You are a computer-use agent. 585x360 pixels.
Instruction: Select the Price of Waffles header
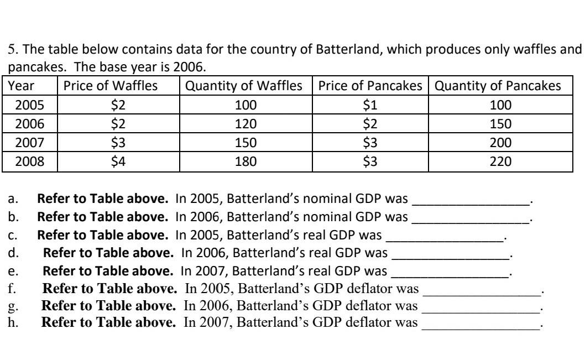(x=111, y=86)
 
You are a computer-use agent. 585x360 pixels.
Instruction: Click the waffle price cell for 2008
(x=118, y=161)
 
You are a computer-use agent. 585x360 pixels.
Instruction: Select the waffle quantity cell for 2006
(x=246, y=124)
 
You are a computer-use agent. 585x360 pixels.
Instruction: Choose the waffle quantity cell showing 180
(x=246, y=161)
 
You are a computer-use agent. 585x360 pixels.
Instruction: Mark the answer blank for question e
(x=451, y=272)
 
